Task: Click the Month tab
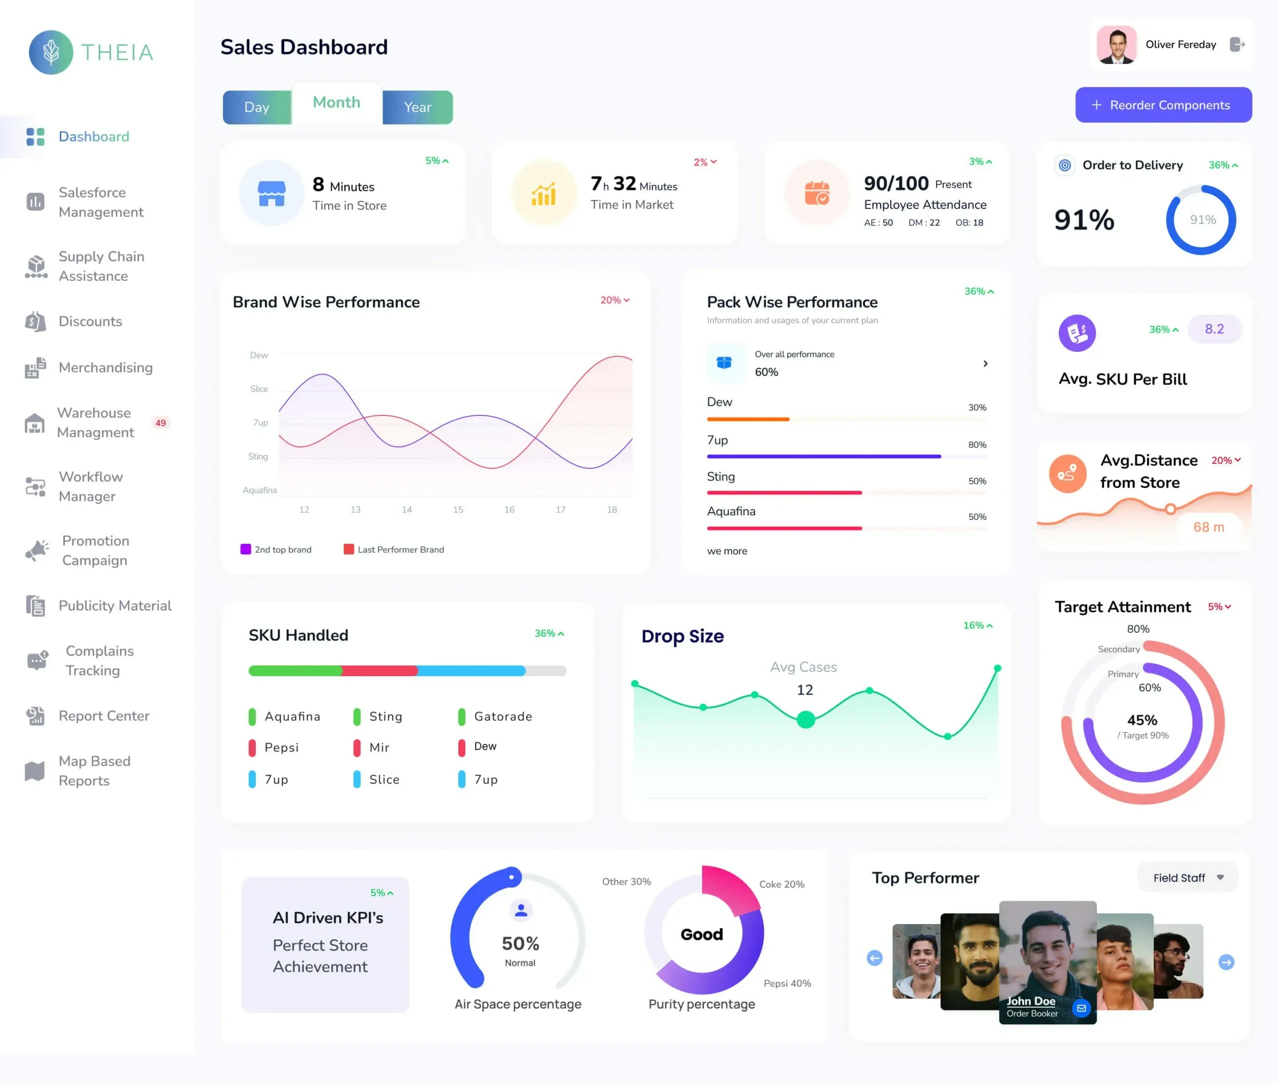tap(336, 102)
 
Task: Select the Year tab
tap(417, 107)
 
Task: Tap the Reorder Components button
tap(1163, 105)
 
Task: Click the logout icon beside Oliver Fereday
tap(1237, 44)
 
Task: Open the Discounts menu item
tap(90, 321)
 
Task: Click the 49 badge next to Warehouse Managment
tap(160, 423)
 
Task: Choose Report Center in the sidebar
tap(104, 716)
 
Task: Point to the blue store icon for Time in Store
tap(271, 193)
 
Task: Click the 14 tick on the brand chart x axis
tap(407, 509)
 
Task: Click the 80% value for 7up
tap(977, 445)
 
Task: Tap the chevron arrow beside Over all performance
tap(985, 364)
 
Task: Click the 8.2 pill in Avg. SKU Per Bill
tap(1214, 329)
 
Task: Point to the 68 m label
tap(1209, 527)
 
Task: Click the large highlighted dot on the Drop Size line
tap(805, 719)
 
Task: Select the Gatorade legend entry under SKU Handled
tap(503, 717)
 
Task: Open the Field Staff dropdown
tap(1187, 878)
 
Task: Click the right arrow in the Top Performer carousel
tap(1226, 962)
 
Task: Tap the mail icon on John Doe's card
tap(1081, 1008)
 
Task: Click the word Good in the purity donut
tap(701, 935)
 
